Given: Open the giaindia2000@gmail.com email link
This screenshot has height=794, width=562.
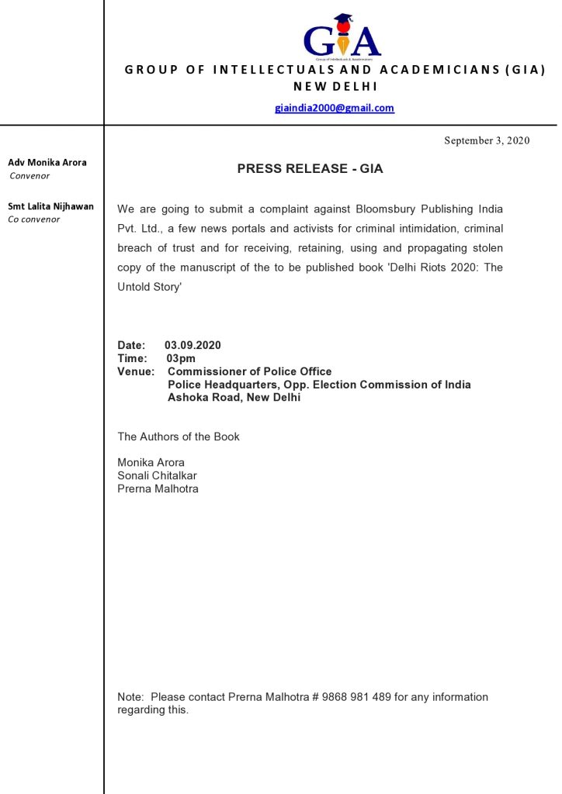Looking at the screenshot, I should pyautogui.click(x=335, y=108).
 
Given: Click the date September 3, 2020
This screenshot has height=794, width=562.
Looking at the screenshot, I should pyautogui.click(x=487, y=140).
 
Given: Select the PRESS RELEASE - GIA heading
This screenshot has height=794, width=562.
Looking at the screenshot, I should pyautogui.click(x=310, y=168).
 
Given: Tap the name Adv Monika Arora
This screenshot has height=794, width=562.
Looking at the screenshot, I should pyautogui.click(x=47, y=163).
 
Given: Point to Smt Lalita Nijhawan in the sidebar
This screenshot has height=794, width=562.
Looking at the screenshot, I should pyautogui.click(x=50, y=206).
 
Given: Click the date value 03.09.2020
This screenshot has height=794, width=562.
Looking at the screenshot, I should pyautogui.click(x=193, y=345).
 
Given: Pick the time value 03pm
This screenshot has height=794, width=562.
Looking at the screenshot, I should pyautogui.click(x=181, y=358).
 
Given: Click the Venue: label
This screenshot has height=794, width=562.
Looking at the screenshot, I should pyautogui.click(x=136, y=371).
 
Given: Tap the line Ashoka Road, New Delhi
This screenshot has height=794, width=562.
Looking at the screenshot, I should pyautogui.click(x=234, y=398).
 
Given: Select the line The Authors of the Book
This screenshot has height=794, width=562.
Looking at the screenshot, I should pyautogui.click(x=179, y=437).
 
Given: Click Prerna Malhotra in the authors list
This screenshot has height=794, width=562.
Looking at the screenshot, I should pyautogui.click(x=158, y=488).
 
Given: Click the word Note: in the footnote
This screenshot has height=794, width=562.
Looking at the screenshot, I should pyautogui.click(x=130, y=697).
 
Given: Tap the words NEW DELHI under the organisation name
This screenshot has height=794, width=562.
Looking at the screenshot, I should pyautogui.click(x=335, y=86).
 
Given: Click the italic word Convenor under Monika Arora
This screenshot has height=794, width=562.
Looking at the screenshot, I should pyautogui.click(x=29, y=176).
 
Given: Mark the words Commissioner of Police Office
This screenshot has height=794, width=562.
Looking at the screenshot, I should pyautogui.click(x=249, y=371).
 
